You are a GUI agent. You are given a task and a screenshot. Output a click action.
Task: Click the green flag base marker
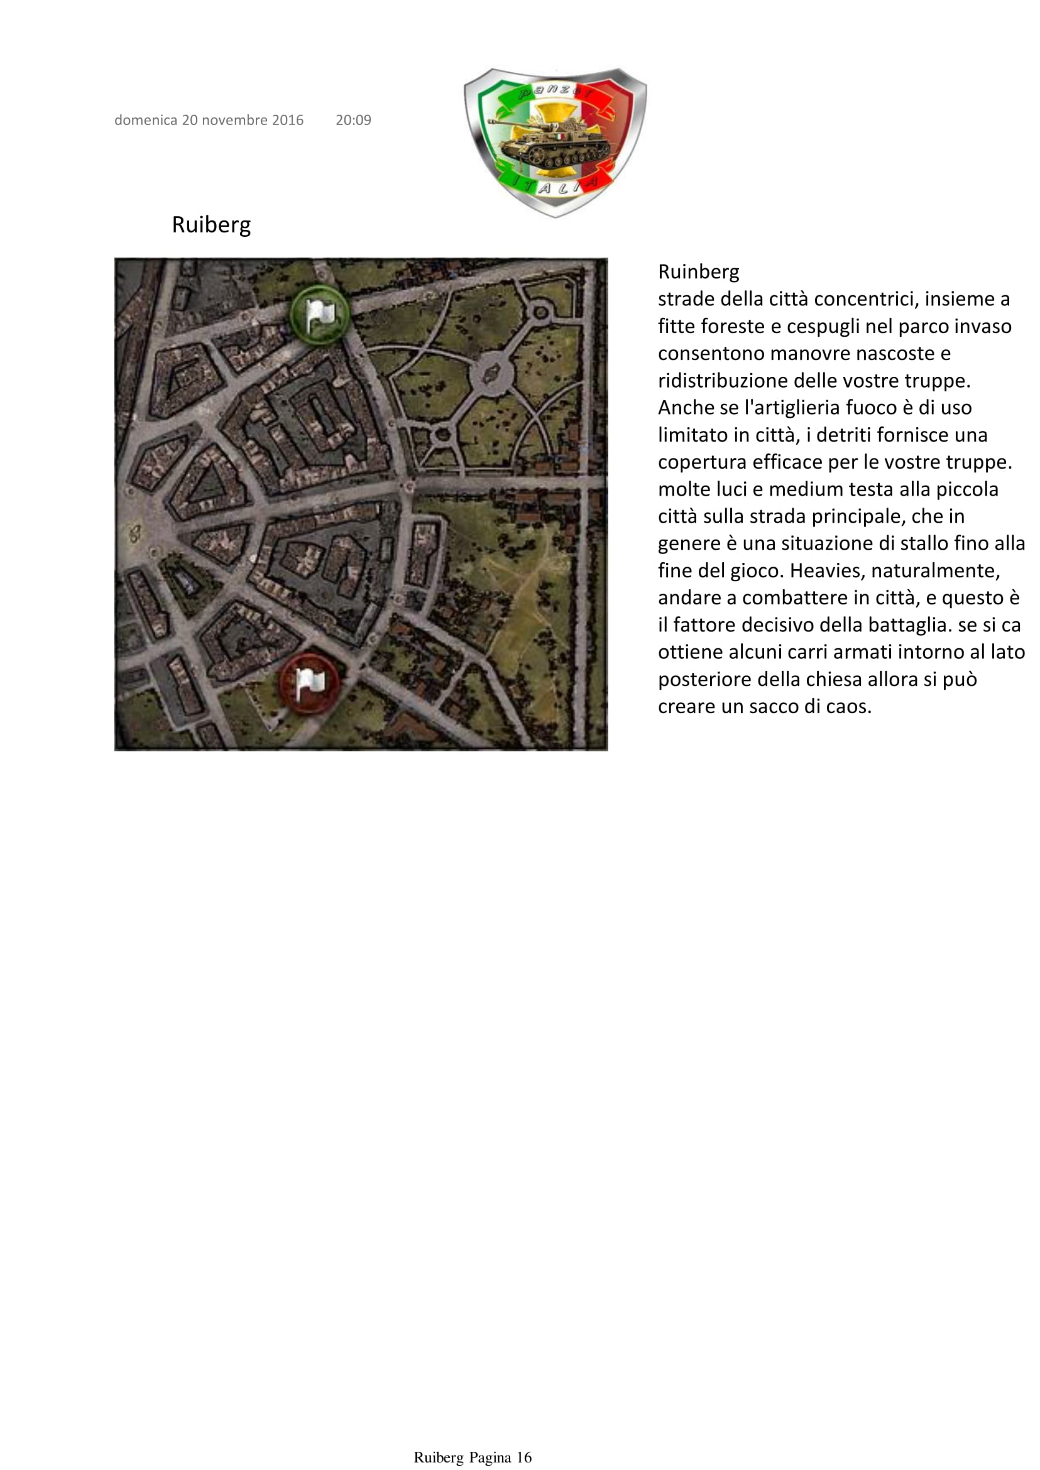click(319, 313)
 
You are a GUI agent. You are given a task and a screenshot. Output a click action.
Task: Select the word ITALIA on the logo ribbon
click(556, 187)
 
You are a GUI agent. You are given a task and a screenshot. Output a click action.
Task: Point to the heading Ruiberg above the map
click(211, 225)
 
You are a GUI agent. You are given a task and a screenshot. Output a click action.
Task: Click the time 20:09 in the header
click(354, 121)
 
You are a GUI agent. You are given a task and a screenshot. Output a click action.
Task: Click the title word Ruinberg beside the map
click(698, 272)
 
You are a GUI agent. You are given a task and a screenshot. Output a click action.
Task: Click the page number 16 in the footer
click(524, 1458)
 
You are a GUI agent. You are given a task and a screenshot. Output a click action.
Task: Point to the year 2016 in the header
click(288, 121)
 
